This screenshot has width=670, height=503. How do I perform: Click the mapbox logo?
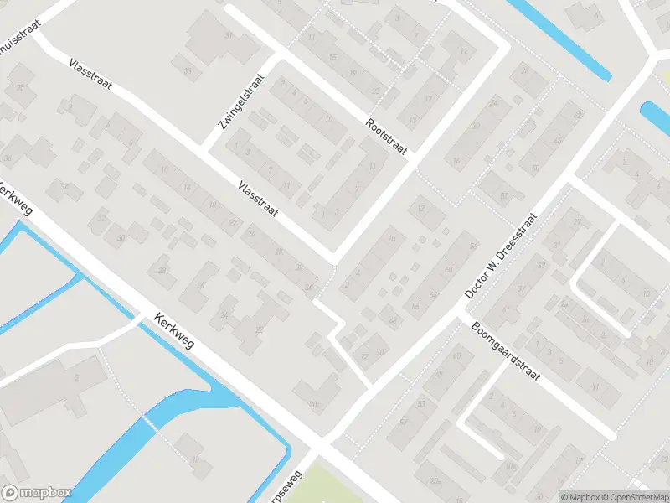pyautogui.click(x=36, y=493)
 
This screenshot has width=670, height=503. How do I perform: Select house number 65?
pyautogui.click(x=456, y=356)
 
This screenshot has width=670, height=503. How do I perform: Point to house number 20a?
pyautogui.click(x=435, y=480)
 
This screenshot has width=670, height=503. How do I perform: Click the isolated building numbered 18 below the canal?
pyautogui.click(x=194, y=459)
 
